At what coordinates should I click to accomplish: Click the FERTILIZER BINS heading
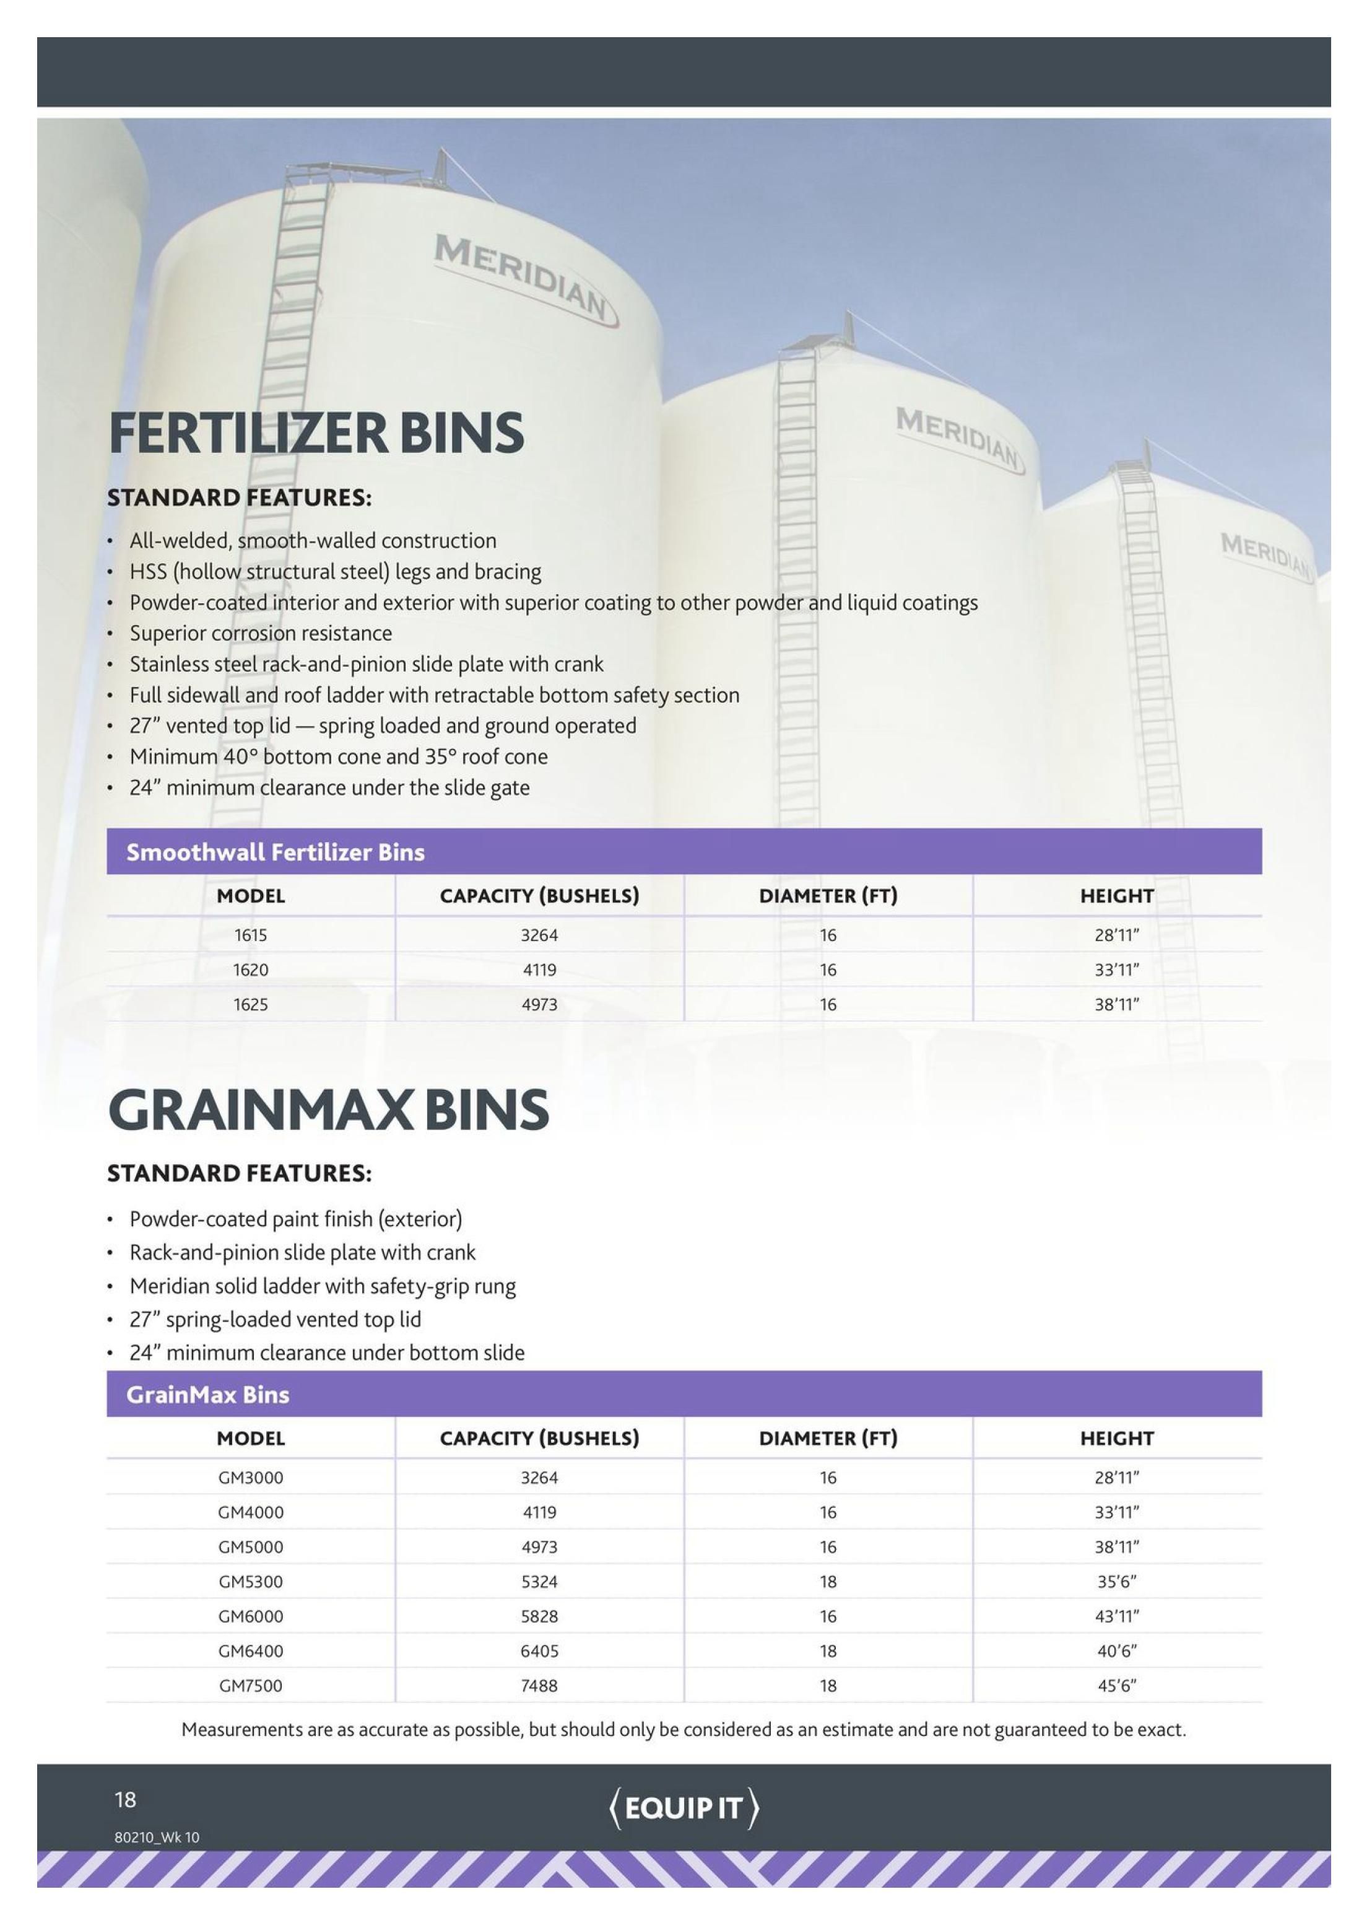pos(316,433)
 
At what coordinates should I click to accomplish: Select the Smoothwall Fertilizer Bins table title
pos(276,852)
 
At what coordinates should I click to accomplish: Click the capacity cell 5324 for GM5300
pos(539,1582)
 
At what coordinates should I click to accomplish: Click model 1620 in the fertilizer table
pos(250,970)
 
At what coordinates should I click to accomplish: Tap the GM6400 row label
pos(250,1651)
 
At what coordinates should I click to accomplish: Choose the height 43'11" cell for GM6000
pos(1117,1616)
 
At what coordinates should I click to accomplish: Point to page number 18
pos(125,1800)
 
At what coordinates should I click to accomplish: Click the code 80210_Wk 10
pos(157,1837)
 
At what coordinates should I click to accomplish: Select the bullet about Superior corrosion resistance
pos(260,633)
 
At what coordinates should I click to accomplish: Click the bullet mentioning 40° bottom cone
pos(338,756)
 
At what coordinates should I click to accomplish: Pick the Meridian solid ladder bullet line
pos(322,1286)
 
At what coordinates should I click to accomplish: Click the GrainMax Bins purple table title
pos(208,1395)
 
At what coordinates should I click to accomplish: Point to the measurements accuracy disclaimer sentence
pos(684,1729)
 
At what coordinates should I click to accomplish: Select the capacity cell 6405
pos(539,1651)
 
